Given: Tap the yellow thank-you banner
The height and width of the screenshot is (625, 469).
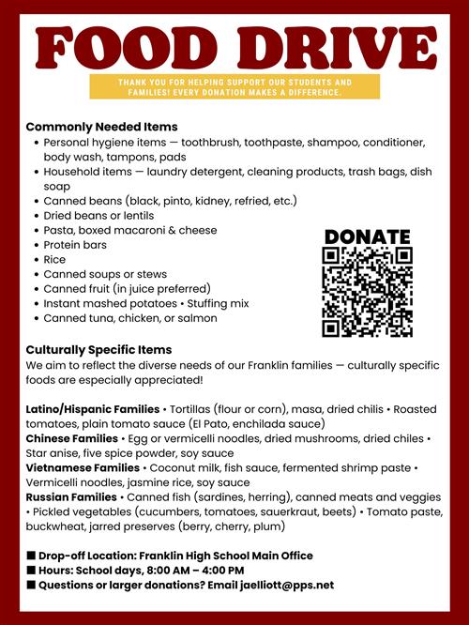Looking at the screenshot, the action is (x=234, y=87).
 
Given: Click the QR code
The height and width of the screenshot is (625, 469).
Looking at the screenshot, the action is (x=367, y=292).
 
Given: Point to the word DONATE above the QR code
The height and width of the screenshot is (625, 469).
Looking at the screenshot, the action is (x=367, y=236).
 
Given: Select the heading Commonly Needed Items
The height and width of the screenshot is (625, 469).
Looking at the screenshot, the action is (x=101, y=127).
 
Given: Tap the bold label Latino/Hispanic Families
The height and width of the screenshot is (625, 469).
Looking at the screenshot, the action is (x=92, y=409).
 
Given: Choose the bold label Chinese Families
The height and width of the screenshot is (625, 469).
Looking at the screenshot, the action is (x=71, y=438).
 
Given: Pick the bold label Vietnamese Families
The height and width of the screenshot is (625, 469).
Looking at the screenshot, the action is (x=83, y=467).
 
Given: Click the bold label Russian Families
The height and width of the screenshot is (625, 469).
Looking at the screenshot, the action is (x=71, y=496).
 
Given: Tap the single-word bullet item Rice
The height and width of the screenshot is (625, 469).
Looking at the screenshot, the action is (x=54, y=259).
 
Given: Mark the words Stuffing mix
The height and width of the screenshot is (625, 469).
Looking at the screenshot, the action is (x=219, y=303).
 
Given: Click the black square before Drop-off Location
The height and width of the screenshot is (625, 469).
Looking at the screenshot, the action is (x=31, y=556).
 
